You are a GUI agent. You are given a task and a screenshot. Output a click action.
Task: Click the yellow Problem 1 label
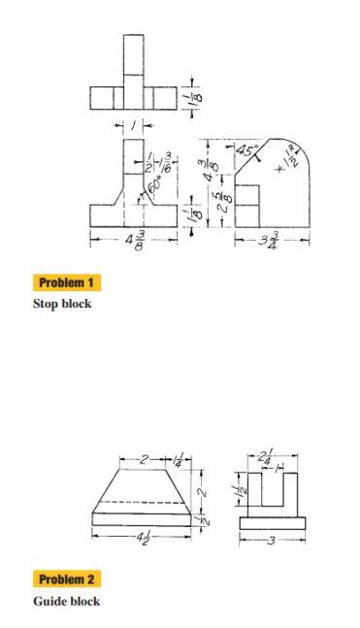click(68, 282)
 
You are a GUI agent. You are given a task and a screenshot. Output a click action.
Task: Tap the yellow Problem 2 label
click(68, 579)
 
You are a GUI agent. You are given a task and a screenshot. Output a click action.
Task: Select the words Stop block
click(62, 303)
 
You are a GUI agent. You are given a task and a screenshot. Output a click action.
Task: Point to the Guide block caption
click(65, 601)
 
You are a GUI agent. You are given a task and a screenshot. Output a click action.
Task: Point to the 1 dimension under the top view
click(134, 125)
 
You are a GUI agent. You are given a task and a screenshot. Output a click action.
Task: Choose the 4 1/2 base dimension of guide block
click(142, 538)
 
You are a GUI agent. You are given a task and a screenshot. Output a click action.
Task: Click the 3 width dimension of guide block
click(273, 538)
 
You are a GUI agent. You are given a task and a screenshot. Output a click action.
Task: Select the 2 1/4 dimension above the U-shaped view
click(265, 455)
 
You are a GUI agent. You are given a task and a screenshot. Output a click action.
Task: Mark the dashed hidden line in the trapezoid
click(142, 500)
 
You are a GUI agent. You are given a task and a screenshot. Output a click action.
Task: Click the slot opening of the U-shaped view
click(272, 490)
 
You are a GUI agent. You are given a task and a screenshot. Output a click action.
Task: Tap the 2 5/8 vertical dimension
click(221, 202)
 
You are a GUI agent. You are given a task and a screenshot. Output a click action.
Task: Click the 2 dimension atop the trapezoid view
click(142, 456)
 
